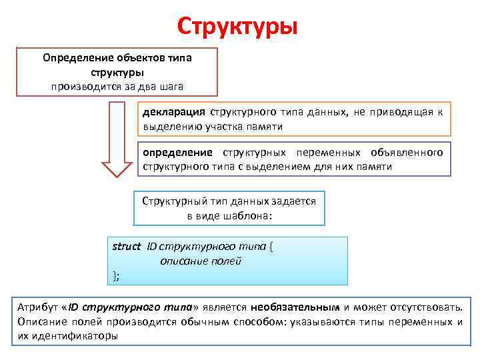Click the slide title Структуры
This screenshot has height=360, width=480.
click(238, 27)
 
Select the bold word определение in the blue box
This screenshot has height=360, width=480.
click(177, 153)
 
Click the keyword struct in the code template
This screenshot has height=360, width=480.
click(127, 247)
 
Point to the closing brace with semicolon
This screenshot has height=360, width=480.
click(117, 275)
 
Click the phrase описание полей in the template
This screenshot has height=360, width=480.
click(201, 261)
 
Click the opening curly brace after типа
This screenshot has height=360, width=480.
click(271, 247)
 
